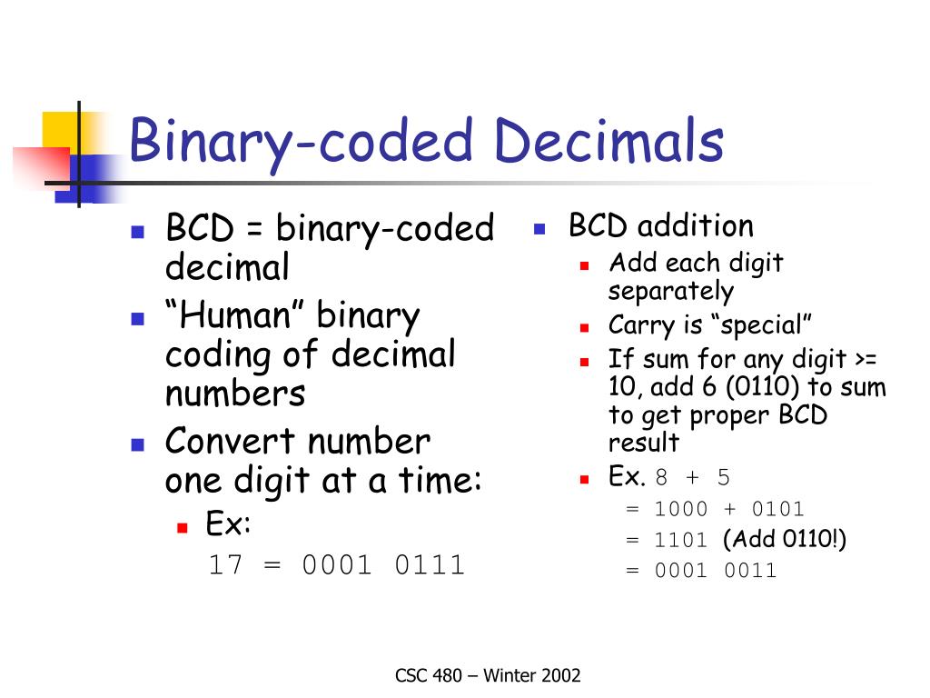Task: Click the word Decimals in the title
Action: pyautogui.click(x=608, y=140)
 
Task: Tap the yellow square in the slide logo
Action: pyautogui.click(x=61, y=131)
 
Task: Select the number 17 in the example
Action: pyautogui.click(x=225, y=564)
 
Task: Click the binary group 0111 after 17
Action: pyautogui.click(x=430, y=564)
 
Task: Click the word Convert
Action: pyautogui.click(x=230, y=442)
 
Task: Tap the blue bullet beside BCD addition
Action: pyautogui.click(x=539, y=228)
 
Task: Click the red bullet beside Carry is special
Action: pyautogui.click(x=584, y=327)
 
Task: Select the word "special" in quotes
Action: pyautogui.click(x=761, y=325)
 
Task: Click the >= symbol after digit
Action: pyautogui.click(x=866, y=359)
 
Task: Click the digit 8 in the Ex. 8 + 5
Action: pyautogui.click(x=661, y=477)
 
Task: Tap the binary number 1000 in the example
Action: pyautogui.click(x=681, y=509)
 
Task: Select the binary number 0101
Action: pyautogui.click(x=777, y=509)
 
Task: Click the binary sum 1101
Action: pyautogui.click(x=681, y=540)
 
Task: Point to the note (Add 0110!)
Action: pyautogui.click(x=785, y=539)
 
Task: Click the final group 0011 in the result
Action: pyautogui.click(x=750, y=571)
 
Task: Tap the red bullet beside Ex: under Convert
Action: pyautogui.click(x=183, y=527)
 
